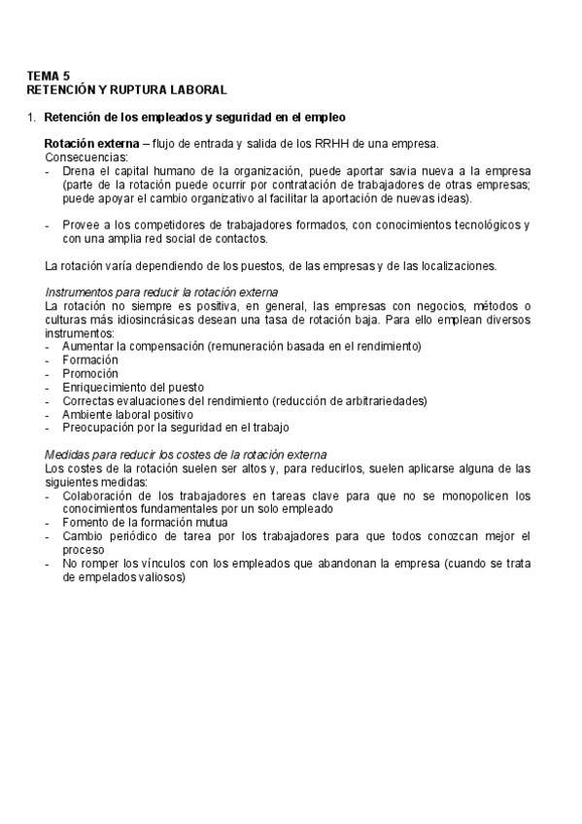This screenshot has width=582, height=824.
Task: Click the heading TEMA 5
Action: (x=50, y=75)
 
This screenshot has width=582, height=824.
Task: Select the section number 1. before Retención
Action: (x=32, y=118)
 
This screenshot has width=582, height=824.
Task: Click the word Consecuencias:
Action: (x=86, y=155)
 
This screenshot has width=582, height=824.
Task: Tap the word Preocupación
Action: (x=102, y=427)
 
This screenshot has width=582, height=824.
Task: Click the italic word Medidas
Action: (x=69, y=455)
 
